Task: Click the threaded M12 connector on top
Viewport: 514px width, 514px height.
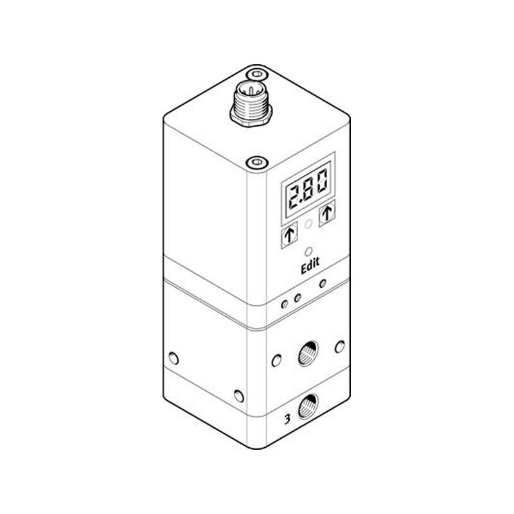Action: pyautogui.click(x=251, y=103)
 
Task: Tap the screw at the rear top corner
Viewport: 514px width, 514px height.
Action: pyautogui.click(x=258, y=75)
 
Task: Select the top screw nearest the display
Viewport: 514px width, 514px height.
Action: pyautogui.click(x=258, y=163)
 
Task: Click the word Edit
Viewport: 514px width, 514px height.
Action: pyautogui.click(x=310, y=266)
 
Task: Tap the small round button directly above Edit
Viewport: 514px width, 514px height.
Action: pyautogui.click(x=308, y=252)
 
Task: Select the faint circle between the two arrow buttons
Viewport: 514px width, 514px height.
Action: pyautogui.click(x=308, y=224)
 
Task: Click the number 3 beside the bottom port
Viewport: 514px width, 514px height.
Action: pyautogui.click(x=287, y=419)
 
